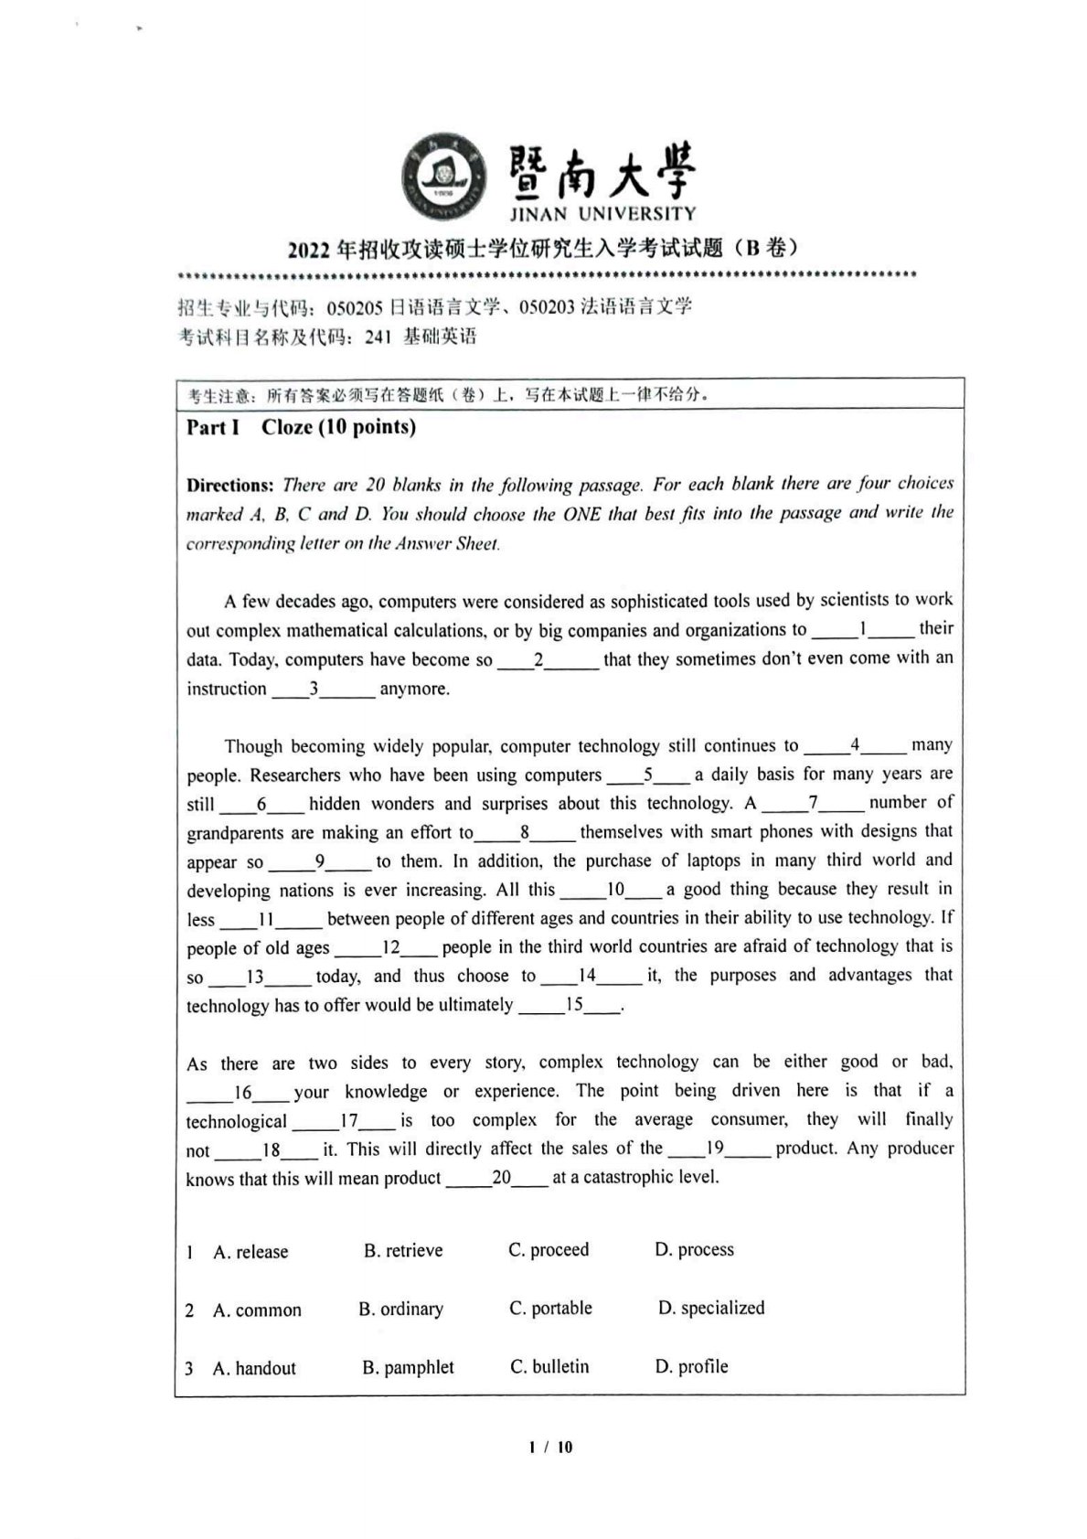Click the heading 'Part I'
coord(212,427)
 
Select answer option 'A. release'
coord(250,1252)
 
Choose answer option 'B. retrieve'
coord(402,1250)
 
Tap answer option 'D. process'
coord(694,1249)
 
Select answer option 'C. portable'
coord(550,1309)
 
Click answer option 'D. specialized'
coord(711,1308)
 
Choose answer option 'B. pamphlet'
coord(408,1367)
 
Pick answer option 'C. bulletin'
coord(549,1366)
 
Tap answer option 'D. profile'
coord(691,1366)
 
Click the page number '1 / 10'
coord(550,1447)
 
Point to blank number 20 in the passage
coord(501,1178)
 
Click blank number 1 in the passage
coord(862,629)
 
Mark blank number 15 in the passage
coord(573,1004)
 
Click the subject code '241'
coord(378,337)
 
